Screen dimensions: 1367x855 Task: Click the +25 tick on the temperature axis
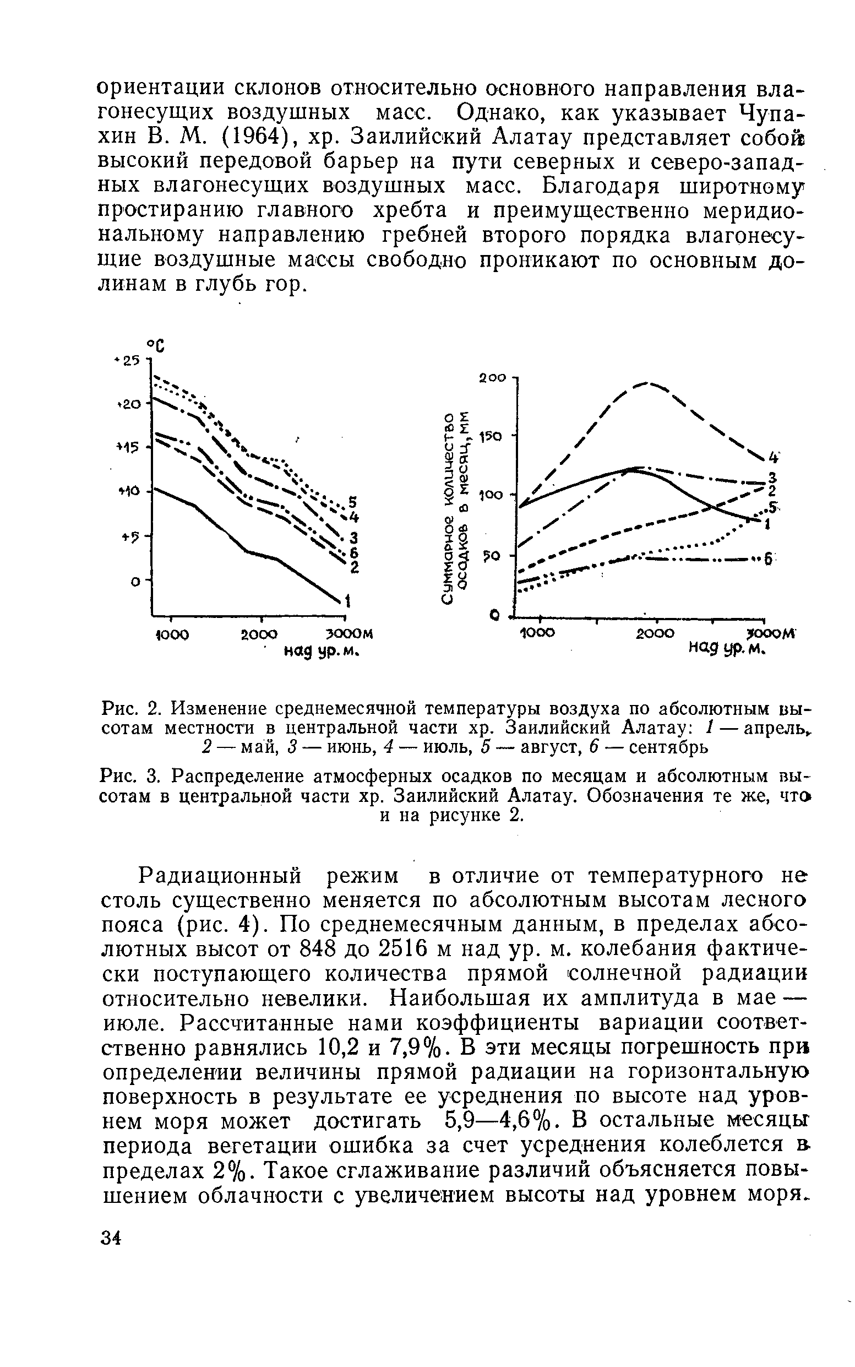129,360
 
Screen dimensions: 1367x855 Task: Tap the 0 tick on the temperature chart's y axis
135,581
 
